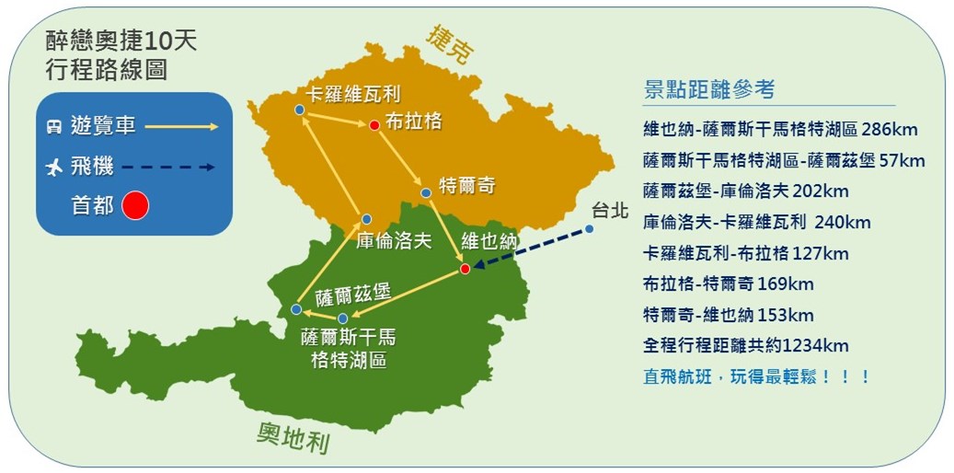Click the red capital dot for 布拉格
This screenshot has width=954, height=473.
pyautogui.click(x=374, y=125)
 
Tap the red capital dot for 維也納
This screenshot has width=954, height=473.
pyautogui.click(x=465, y=269)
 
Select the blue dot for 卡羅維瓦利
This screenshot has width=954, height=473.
pyautogui.click(x=299, y=110)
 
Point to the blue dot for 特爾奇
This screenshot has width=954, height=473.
pyautogui.click(x=426, y=193)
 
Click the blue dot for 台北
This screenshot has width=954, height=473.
pyautogui.click(x=589, y=229)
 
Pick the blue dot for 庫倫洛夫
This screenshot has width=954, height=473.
pyautogui.click(x=366, y=219)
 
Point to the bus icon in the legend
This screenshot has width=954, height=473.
pyautogui.click(x=54, y=127)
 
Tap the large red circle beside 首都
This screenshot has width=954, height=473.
pyautogui.click(x=135, y=206)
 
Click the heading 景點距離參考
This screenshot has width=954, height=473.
pyautogui.click(x=709, y=89)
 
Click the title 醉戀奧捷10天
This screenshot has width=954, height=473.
pyautogui.click(x=121, y=42)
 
